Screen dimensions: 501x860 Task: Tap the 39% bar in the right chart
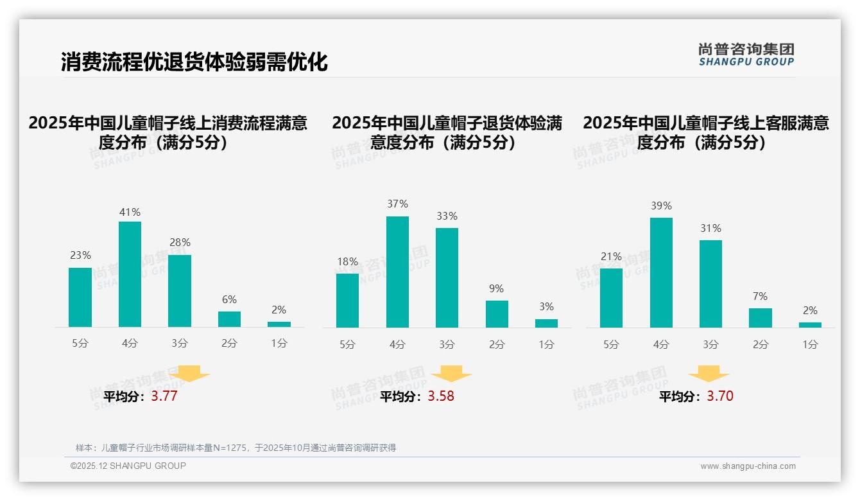point(661,272)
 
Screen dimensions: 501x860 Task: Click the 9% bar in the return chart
point(497,314)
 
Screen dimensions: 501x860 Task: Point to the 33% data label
point(447,216)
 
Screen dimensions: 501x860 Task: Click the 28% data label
point(180,243)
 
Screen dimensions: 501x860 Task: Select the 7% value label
point(761,297)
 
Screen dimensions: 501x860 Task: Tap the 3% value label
point(546,307)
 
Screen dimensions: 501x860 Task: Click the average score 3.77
point(164,396)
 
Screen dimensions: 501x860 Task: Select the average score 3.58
point(441,396)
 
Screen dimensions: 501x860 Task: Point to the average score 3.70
point(720,396)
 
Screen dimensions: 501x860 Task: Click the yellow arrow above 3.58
point(451,374)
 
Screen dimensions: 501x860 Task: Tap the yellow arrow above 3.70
point(709,374)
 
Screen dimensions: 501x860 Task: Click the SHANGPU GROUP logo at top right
point(746,55)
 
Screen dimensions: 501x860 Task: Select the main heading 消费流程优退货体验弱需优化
point(194,62)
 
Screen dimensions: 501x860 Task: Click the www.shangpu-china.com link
point(748,466)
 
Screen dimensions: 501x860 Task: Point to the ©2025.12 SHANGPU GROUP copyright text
point(128,466)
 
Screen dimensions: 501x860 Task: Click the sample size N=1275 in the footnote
point(229,448)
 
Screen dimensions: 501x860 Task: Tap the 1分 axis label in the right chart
point(810,344)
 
